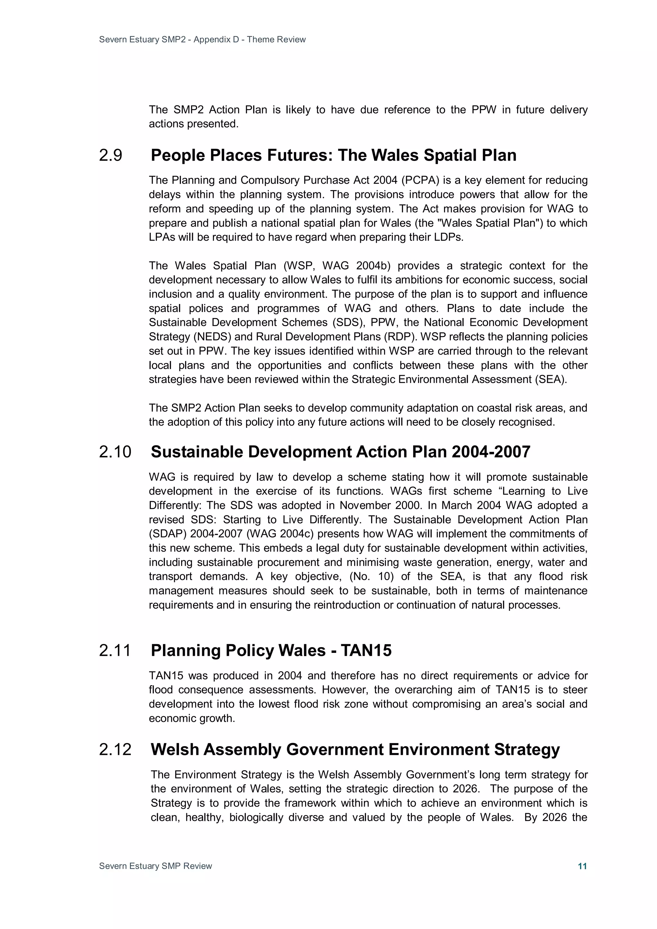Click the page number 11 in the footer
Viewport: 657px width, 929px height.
tap(582, 866)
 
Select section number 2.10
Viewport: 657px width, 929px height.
tap(115, 452)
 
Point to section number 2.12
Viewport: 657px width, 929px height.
tap(115, 749)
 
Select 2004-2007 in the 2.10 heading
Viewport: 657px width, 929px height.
tap(491, 452)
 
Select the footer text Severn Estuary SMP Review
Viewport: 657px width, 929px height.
tap(156, 866)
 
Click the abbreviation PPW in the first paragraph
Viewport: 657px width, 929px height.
tap(484, 110)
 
